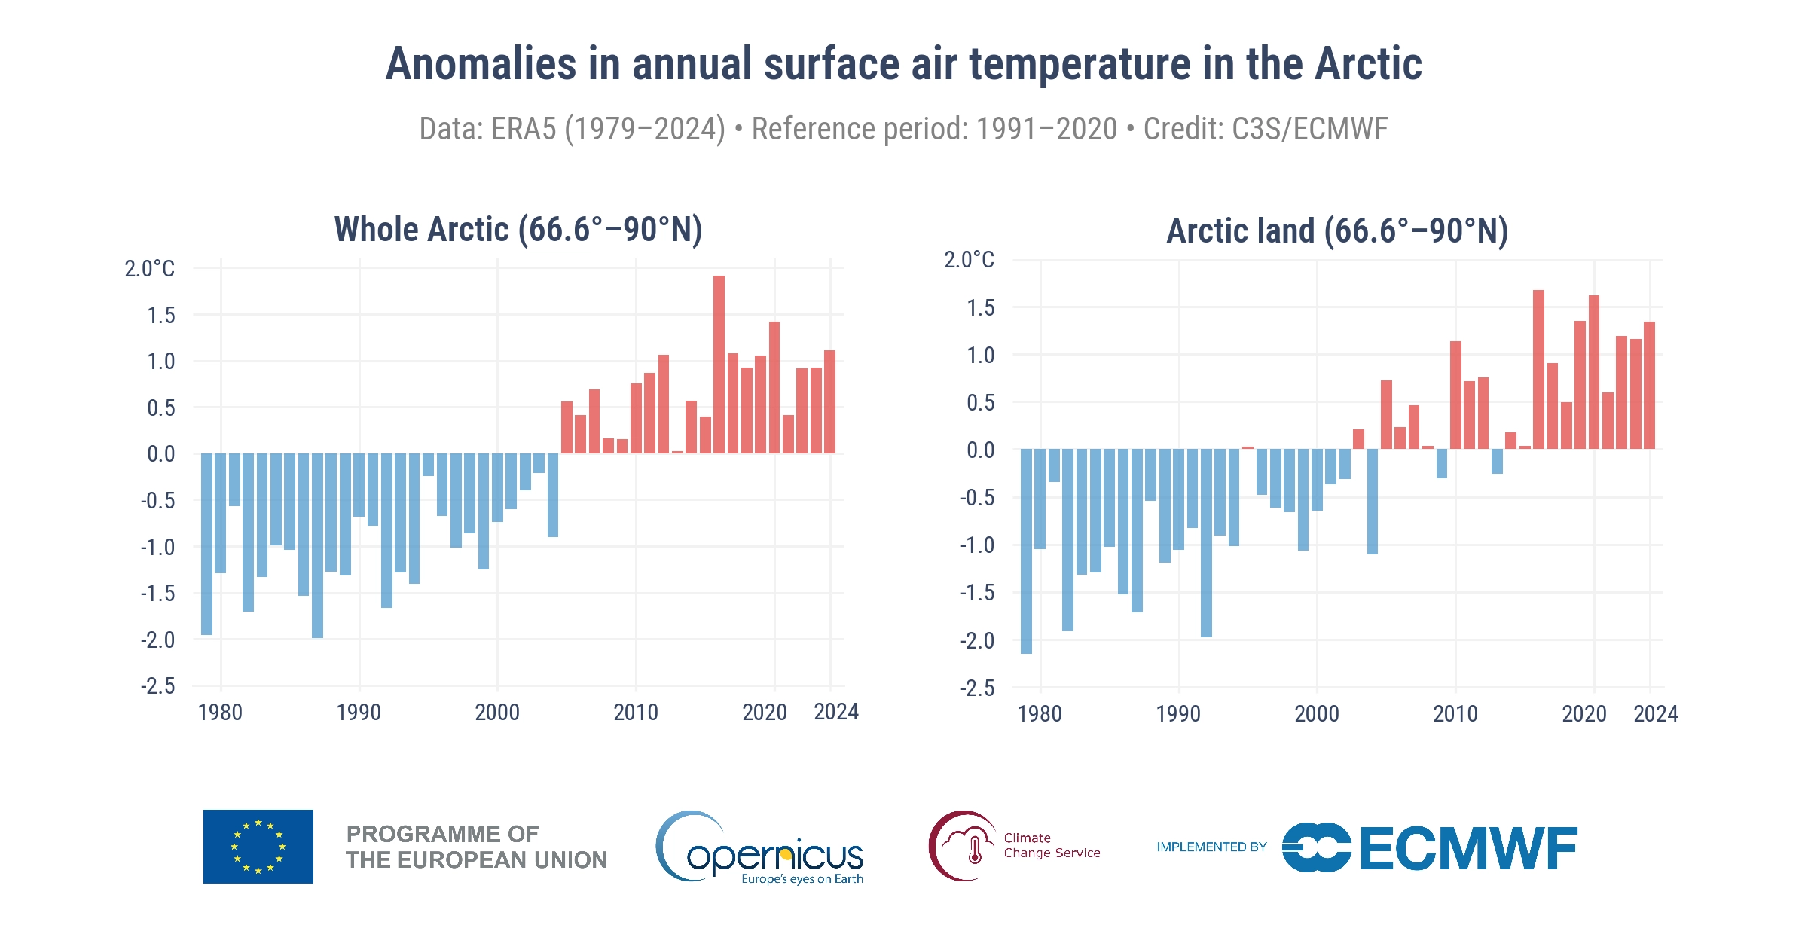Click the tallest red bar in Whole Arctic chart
(719, 365)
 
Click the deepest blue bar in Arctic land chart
(1026, 551)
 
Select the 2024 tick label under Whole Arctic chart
(836, 712)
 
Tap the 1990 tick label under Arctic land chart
(1178, 714)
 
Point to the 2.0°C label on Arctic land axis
(969, 260)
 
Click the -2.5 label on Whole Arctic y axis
(157, 686)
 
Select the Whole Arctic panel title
(518, 230)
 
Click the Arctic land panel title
(1337, 231)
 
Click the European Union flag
(258, 847)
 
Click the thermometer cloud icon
(964, 846)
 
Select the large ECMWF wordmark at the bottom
(1468, 848)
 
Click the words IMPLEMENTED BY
(1211, 847)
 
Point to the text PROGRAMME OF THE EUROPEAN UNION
(476, 847)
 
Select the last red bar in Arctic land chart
(1649, 386)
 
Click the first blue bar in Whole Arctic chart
(206, 544)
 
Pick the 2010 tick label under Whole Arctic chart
(635, 713)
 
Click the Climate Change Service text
(1052, 845)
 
